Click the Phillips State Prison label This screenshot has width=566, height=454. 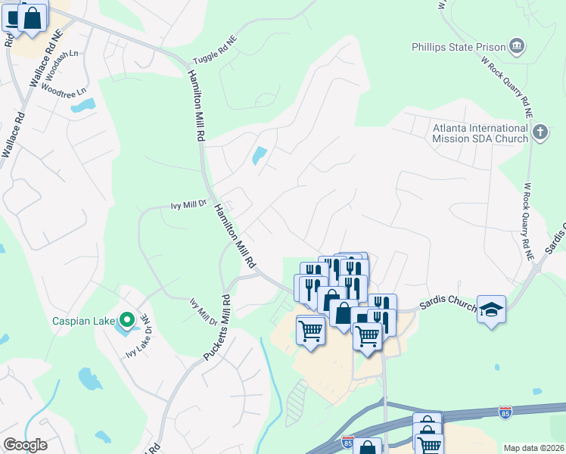[x=458, y=47]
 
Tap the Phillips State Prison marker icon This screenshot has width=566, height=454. [x=517, y=47]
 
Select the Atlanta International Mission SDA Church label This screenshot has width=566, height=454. [x=480, y=132]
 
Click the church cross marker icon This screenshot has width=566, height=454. [x=540, y=133]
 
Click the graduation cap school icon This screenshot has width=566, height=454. [x=491, y=309]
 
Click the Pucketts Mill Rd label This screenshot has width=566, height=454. [x=217, y=326]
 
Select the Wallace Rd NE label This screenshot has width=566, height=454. [x=43, y=59]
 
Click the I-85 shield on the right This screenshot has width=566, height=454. [x=505, y=412]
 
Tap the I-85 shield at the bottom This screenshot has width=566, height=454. [x=347, y=440]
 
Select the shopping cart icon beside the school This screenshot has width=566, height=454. [x=368, y=334]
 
